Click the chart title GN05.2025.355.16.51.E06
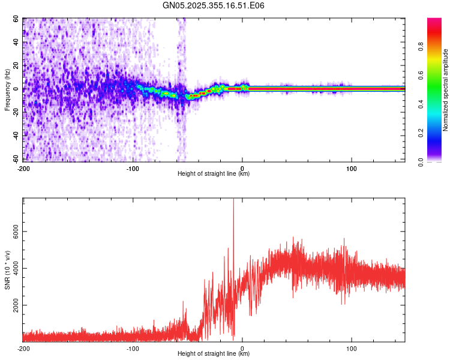coord(214,6)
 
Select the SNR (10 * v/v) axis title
coord(8,270)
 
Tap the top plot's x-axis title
coord(214,174)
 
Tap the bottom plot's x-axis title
coord(214,354)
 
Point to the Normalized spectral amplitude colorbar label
coord(445,90)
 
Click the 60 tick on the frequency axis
coord(16,19)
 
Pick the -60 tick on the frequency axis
coord(15,159)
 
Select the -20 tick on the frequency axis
coord(15,112)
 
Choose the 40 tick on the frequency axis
coord(16,43)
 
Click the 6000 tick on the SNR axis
coord(13,232)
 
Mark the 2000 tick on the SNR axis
coord(13,305)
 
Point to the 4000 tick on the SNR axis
coord(13,268)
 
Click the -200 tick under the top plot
coord(23,168)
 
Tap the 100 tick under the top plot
coord(352,168)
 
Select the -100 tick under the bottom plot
coord(133,348)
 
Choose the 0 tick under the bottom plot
coord(242,348)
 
